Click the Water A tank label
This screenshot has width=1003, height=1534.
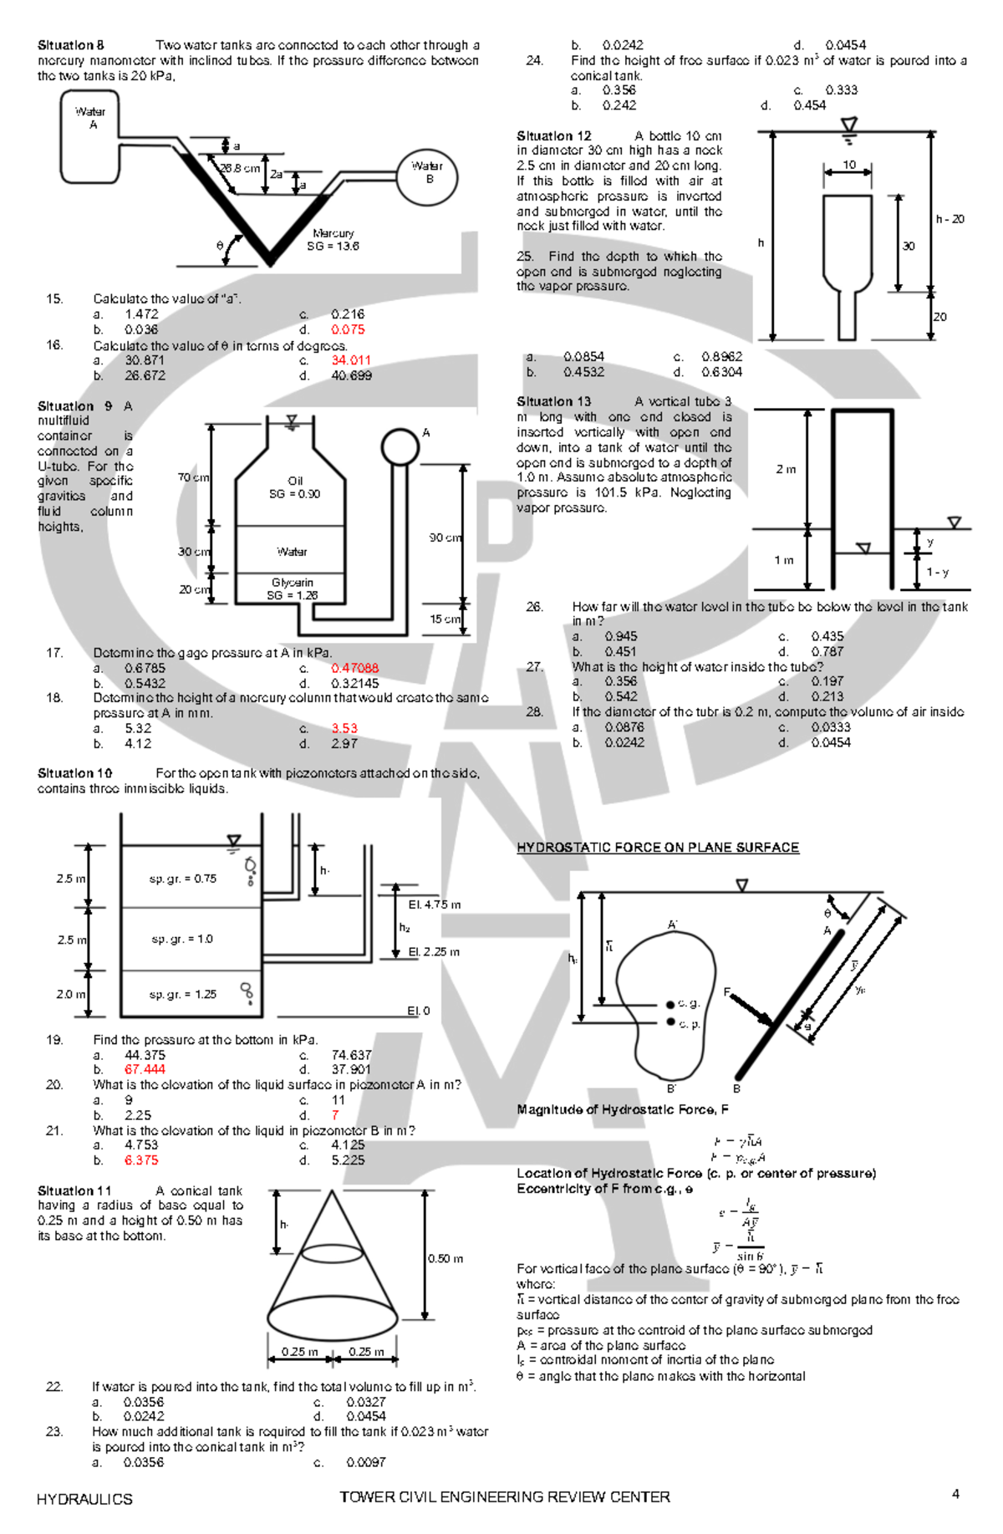tap(90, 118)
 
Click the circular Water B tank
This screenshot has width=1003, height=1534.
tap(427, 176)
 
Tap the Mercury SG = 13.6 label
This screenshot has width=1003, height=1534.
tap(333, 240)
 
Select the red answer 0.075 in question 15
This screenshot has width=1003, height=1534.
tap(348, 329)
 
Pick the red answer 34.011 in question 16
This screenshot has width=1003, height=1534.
tap(351, 360)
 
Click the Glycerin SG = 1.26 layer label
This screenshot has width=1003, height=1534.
tap(292, 589)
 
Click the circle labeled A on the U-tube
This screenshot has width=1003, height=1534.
tap(400, 447)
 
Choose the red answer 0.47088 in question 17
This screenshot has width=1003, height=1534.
tap(354, 668)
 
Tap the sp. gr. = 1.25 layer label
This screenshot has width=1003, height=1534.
tap(182, 994)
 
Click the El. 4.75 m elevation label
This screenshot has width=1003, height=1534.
tap(434, 905)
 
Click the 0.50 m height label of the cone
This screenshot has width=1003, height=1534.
tap(445, 1258)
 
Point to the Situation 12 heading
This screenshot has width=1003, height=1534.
tap(553, 135)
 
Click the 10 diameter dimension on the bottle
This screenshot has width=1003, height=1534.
tap(848, 165)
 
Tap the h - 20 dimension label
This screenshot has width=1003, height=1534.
tap(950, 219)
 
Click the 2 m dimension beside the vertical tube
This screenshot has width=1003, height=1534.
tap(786, 469)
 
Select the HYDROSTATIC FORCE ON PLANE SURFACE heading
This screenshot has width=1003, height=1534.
tap(658, 848)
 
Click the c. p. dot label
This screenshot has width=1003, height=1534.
tap(689, 1023)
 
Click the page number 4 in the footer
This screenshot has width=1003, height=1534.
tap(955, 1494)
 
